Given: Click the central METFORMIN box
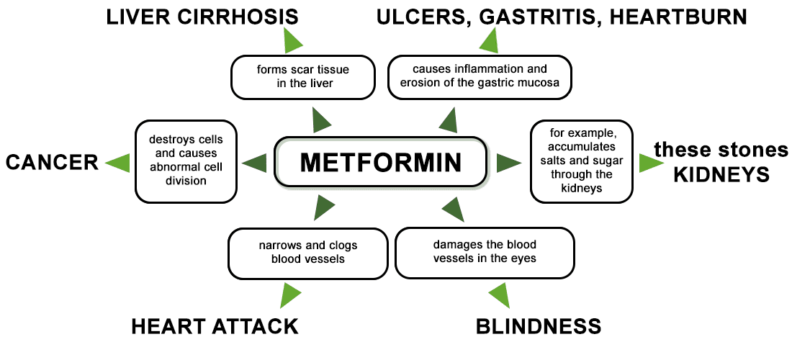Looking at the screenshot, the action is click(380, 162).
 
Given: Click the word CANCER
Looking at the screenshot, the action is click(52, 163).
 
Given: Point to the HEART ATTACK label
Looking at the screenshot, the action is click(215, 326).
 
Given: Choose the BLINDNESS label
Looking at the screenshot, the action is click(539, 326).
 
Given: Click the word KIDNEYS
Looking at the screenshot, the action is click(722, 175).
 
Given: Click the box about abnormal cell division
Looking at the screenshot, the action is click(186, 161).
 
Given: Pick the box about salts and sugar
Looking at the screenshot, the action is click(581, 161).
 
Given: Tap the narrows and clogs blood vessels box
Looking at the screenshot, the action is click(307, 253).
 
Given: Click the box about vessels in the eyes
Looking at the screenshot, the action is click(485, 253).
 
